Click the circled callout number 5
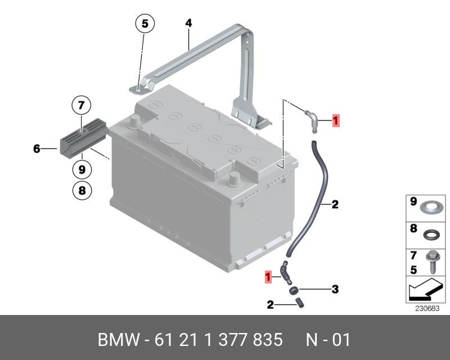144,24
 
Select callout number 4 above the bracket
188,23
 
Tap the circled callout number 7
81,105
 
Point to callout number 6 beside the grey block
37,149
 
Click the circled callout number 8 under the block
82,191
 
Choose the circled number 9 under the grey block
82,169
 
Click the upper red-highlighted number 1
335,120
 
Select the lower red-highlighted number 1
269,276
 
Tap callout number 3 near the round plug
335,290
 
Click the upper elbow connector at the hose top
312,118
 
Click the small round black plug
294,290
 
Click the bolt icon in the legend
434,260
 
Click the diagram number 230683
427,308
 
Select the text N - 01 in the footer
328,340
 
